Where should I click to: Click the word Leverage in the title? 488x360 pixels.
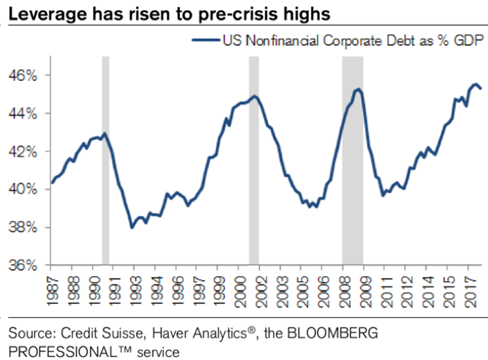click(x=44, y=14)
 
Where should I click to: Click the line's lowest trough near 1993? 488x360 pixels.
click(x=132, y=227)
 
